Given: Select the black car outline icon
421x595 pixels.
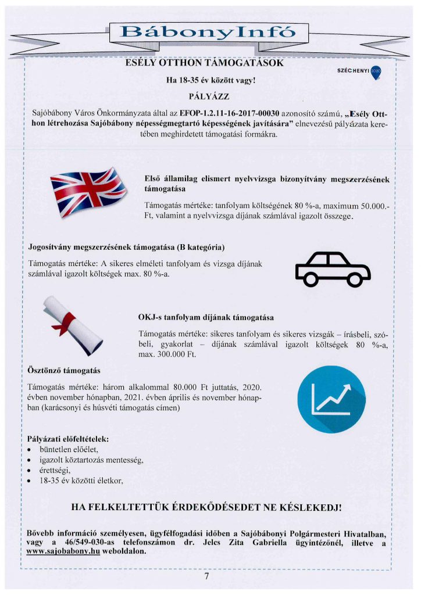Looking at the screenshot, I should (x=332, y=268).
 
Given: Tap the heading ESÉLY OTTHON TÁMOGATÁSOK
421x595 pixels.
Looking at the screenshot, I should (x=205, y=63).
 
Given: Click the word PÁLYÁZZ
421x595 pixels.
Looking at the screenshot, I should (x=209, y=95).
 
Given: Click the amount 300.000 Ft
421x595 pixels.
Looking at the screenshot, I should (x=176, y=354).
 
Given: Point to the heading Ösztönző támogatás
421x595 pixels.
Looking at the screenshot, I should (x=64, y=370).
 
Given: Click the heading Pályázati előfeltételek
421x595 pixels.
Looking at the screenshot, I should (x=68, y=438).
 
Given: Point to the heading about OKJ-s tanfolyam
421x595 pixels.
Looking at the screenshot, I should (x=205, y=318).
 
